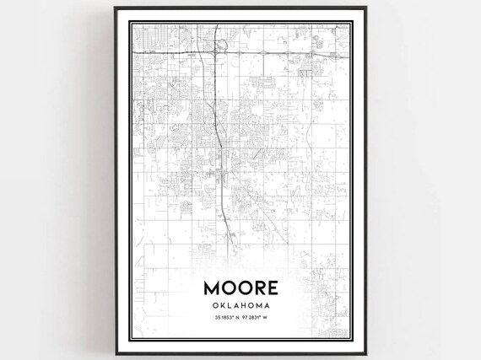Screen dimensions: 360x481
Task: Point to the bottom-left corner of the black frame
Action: click(x=117, y=347)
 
